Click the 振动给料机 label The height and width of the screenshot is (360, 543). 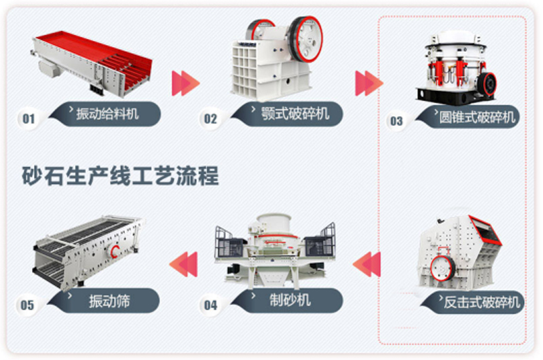click(107, 113)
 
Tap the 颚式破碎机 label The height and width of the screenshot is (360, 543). click(295, 113)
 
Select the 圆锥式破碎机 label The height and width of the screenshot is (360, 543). click(477, 118)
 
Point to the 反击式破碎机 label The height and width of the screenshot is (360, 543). click(482, 302)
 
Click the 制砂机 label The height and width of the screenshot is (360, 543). click(291, 300)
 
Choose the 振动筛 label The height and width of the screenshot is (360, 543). click(109, 301)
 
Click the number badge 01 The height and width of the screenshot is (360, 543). click(29, 119)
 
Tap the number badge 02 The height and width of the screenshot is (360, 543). click(210, 119)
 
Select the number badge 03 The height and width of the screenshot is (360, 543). click(396, 121)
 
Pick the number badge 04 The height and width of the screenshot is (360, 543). click(210, 305)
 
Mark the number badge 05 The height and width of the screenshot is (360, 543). click(27, 305)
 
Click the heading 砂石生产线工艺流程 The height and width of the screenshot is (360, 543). click(120, 176)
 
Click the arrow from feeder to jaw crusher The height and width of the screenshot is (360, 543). click(186, 83)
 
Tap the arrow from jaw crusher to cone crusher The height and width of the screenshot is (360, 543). click(369, 83)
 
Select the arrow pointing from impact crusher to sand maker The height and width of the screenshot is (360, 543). click(367, 264)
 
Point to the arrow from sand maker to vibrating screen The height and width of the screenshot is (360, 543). click(183, 264)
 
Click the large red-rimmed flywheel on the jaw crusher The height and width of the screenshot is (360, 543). click(306, 39)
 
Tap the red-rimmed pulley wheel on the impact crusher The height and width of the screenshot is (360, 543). click(443, 268)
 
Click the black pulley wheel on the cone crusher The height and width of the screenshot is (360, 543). click(487, 84)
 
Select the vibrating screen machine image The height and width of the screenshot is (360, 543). click(88, 252)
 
